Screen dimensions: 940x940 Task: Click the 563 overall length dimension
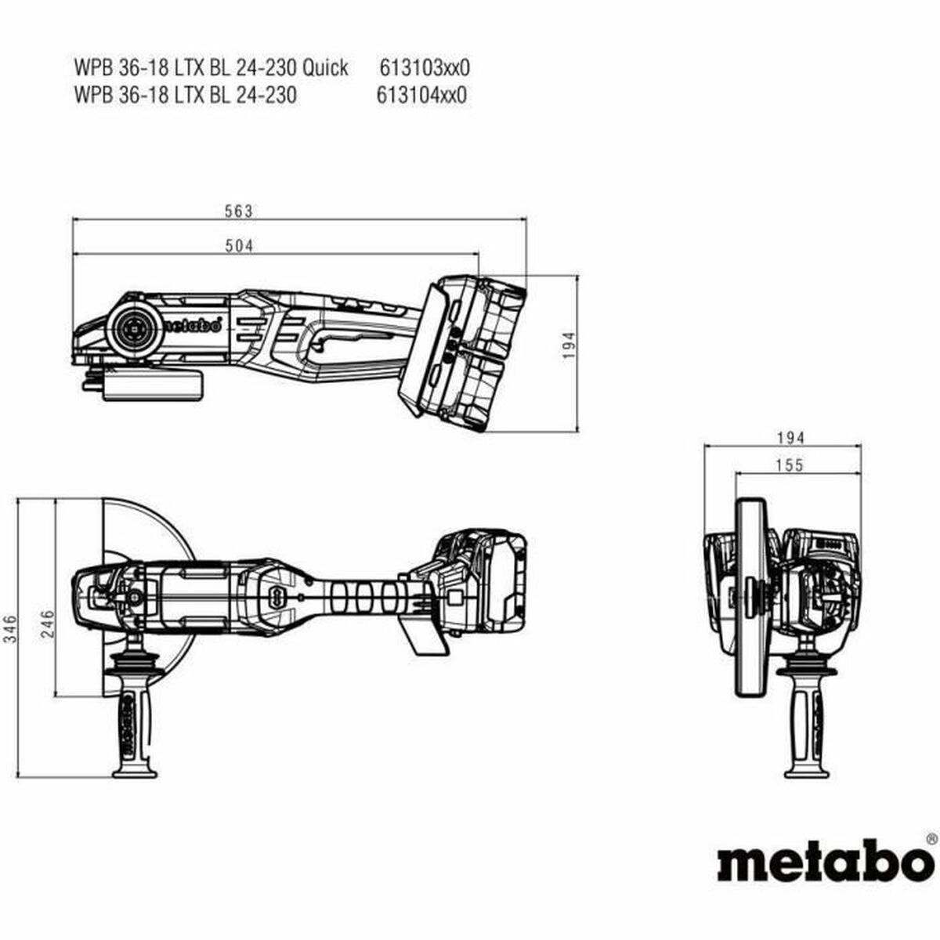(237, 211)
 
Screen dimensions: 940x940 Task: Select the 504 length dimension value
(240, 246)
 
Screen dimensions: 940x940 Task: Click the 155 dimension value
(790, 465)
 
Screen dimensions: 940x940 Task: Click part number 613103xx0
(425, 67)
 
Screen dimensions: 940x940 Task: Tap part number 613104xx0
(422, 96)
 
